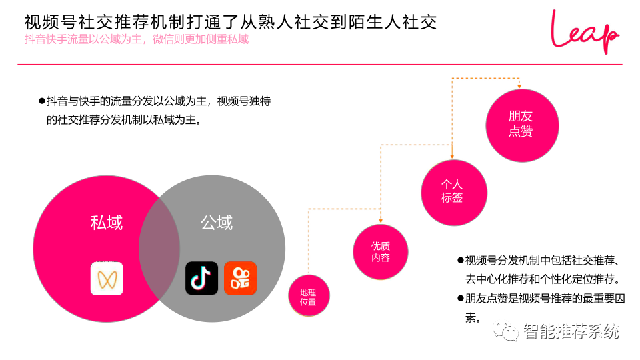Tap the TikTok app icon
pyautogui.click(x=201, y=278)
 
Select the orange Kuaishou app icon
pyautogui.click(x=240, y=278)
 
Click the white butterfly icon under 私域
pyautogui.click(x=107, y=278)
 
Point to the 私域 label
pyautogui.click(x=107, y=223)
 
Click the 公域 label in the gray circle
pyautogui.click(x=217, y=223)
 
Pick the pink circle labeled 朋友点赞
pyautogui.click(x=521, y=123)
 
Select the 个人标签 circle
pyautogui.click(x=452, y=190)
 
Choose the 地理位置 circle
pyautogui.click(x=308, y=297)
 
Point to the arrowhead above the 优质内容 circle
pyautogui.click(x=381, y=221)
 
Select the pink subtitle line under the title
pyautogui.click(x=136, y=39)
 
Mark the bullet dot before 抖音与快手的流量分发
pyautogui.click(x=41, y=101)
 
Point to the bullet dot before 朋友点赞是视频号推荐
pyautogui.click(x=460, y=298)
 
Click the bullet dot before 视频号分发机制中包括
pyautogui.click(x=460, y=260)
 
